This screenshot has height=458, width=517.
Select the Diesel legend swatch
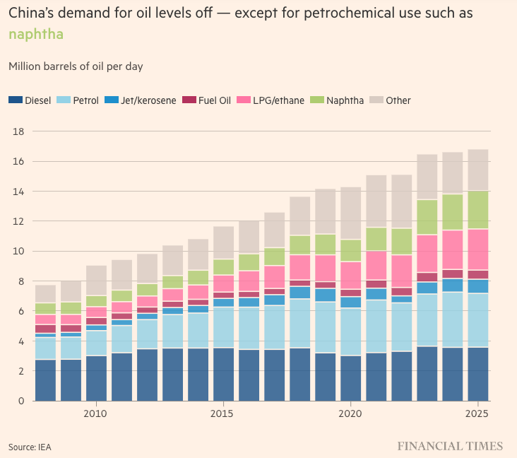click(16, 100)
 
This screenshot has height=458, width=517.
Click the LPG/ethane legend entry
click(273, 100)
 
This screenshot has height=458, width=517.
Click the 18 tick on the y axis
click(19, 131)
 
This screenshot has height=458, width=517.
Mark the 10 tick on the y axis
click(19, 252)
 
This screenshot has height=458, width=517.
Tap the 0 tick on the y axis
click(22, 401)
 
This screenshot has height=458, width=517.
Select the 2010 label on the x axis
click(95, 413)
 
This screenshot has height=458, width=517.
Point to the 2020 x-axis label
click(350, 413)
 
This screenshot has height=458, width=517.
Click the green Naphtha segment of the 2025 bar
click(478, 210)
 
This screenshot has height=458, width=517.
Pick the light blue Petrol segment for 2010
click(96, 343)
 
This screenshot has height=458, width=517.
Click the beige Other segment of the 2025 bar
click(478, 170)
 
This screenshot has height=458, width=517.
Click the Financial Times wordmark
click(450, 446)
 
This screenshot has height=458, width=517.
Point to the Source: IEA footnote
click(30, 447)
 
